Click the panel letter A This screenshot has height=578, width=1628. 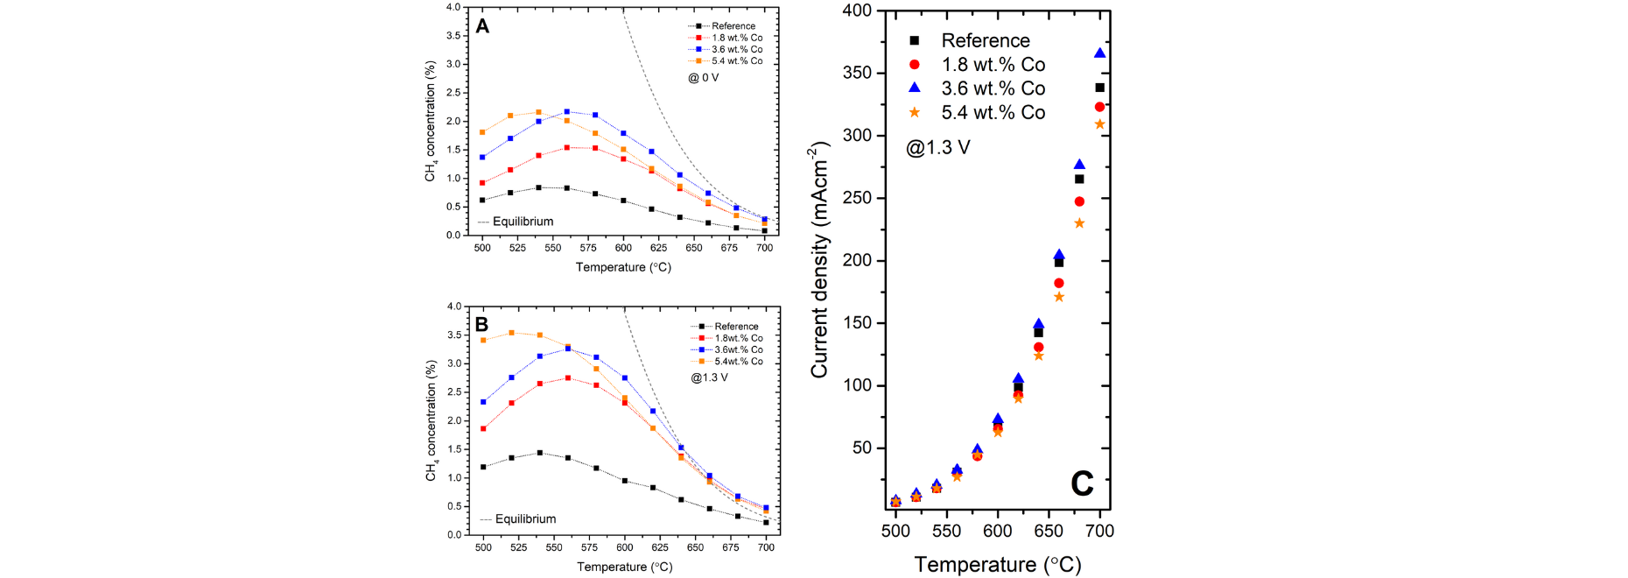(482, 26)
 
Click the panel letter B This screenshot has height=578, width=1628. (481, 325)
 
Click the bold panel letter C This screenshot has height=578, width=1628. (1082, 483)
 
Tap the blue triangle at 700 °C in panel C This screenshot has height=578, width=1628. (1100, 53)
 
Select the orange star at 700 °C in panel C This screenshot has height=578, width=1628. (1100, 124)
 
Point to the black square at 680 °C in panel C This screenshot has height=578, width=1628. (1079, 180)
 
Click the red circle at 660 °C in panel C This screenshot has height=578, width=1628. (1059, 283)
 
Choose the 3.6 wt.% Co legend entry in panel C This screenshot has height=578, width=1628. (977, 88)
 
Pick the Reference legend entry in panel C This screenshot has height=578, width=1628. (970, 40)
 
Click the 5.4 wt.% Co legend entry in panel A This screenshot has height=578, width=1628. (726, 61)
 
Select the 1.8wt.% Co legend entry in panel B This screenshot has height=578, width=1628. (727, 338)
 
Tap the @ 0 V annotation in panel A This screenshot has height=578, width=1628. (704, 78)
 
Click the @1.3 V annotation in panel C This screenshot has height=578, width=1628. (938, 147)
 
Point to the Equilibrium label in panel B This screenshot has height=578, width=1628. (525, 519)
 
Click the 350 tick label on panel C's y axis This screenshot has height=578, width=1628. (857, 73)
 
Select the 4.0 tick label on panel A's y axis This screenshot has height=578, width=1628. (453, 7)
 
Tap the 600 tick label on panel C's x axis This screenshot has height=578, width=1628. (998, 531)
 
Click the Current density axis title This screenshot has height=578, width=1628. (820, 259)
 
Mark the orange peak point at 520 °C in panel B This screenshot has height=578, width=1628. (512, 333)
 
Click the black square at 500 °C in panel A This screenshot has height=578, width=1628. (482, 200)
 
